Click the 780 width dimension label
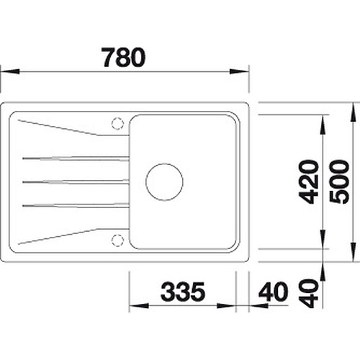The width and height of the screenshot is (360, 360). click(124, 58)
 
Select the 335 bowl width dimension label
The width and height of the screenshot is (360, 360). click(183, 292)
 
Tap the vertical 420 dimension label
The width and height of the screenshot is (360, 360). click(309, 182)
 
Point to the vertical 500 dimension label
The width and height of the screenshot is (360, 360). click(339, 182)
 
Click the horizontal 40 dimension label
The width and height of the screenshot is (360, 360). click(273, 292)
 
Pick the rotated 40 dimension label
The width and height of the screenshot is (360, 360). click(308, 293)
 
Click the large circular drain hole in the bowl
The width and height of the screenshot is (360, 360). click(164, 182)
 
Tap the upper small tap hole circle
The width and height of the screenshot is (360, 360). click(117, 124)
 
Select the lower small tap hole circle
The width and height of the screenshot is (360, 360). click(117, 240)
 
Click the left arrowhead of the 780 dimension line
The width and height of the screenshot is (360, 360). click(9, 71)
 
